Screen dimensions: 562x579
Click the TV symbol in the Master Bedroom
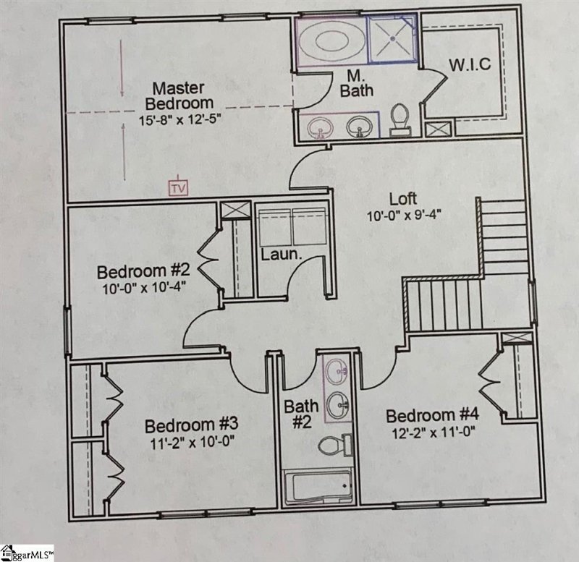pyautogui.click(x=177, y=188)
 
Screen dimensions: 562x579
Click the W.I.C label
pyautogui.click(x=470, y=64)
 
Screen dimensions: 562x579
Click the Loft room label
pyautogui.click(x=404, y=197)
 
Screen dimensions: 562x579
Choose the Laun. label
pyautogui.click(x=276, y=255)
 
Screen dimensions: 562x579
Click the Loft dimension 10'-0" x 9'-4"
pyautogui.click(x=404, y=214)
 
